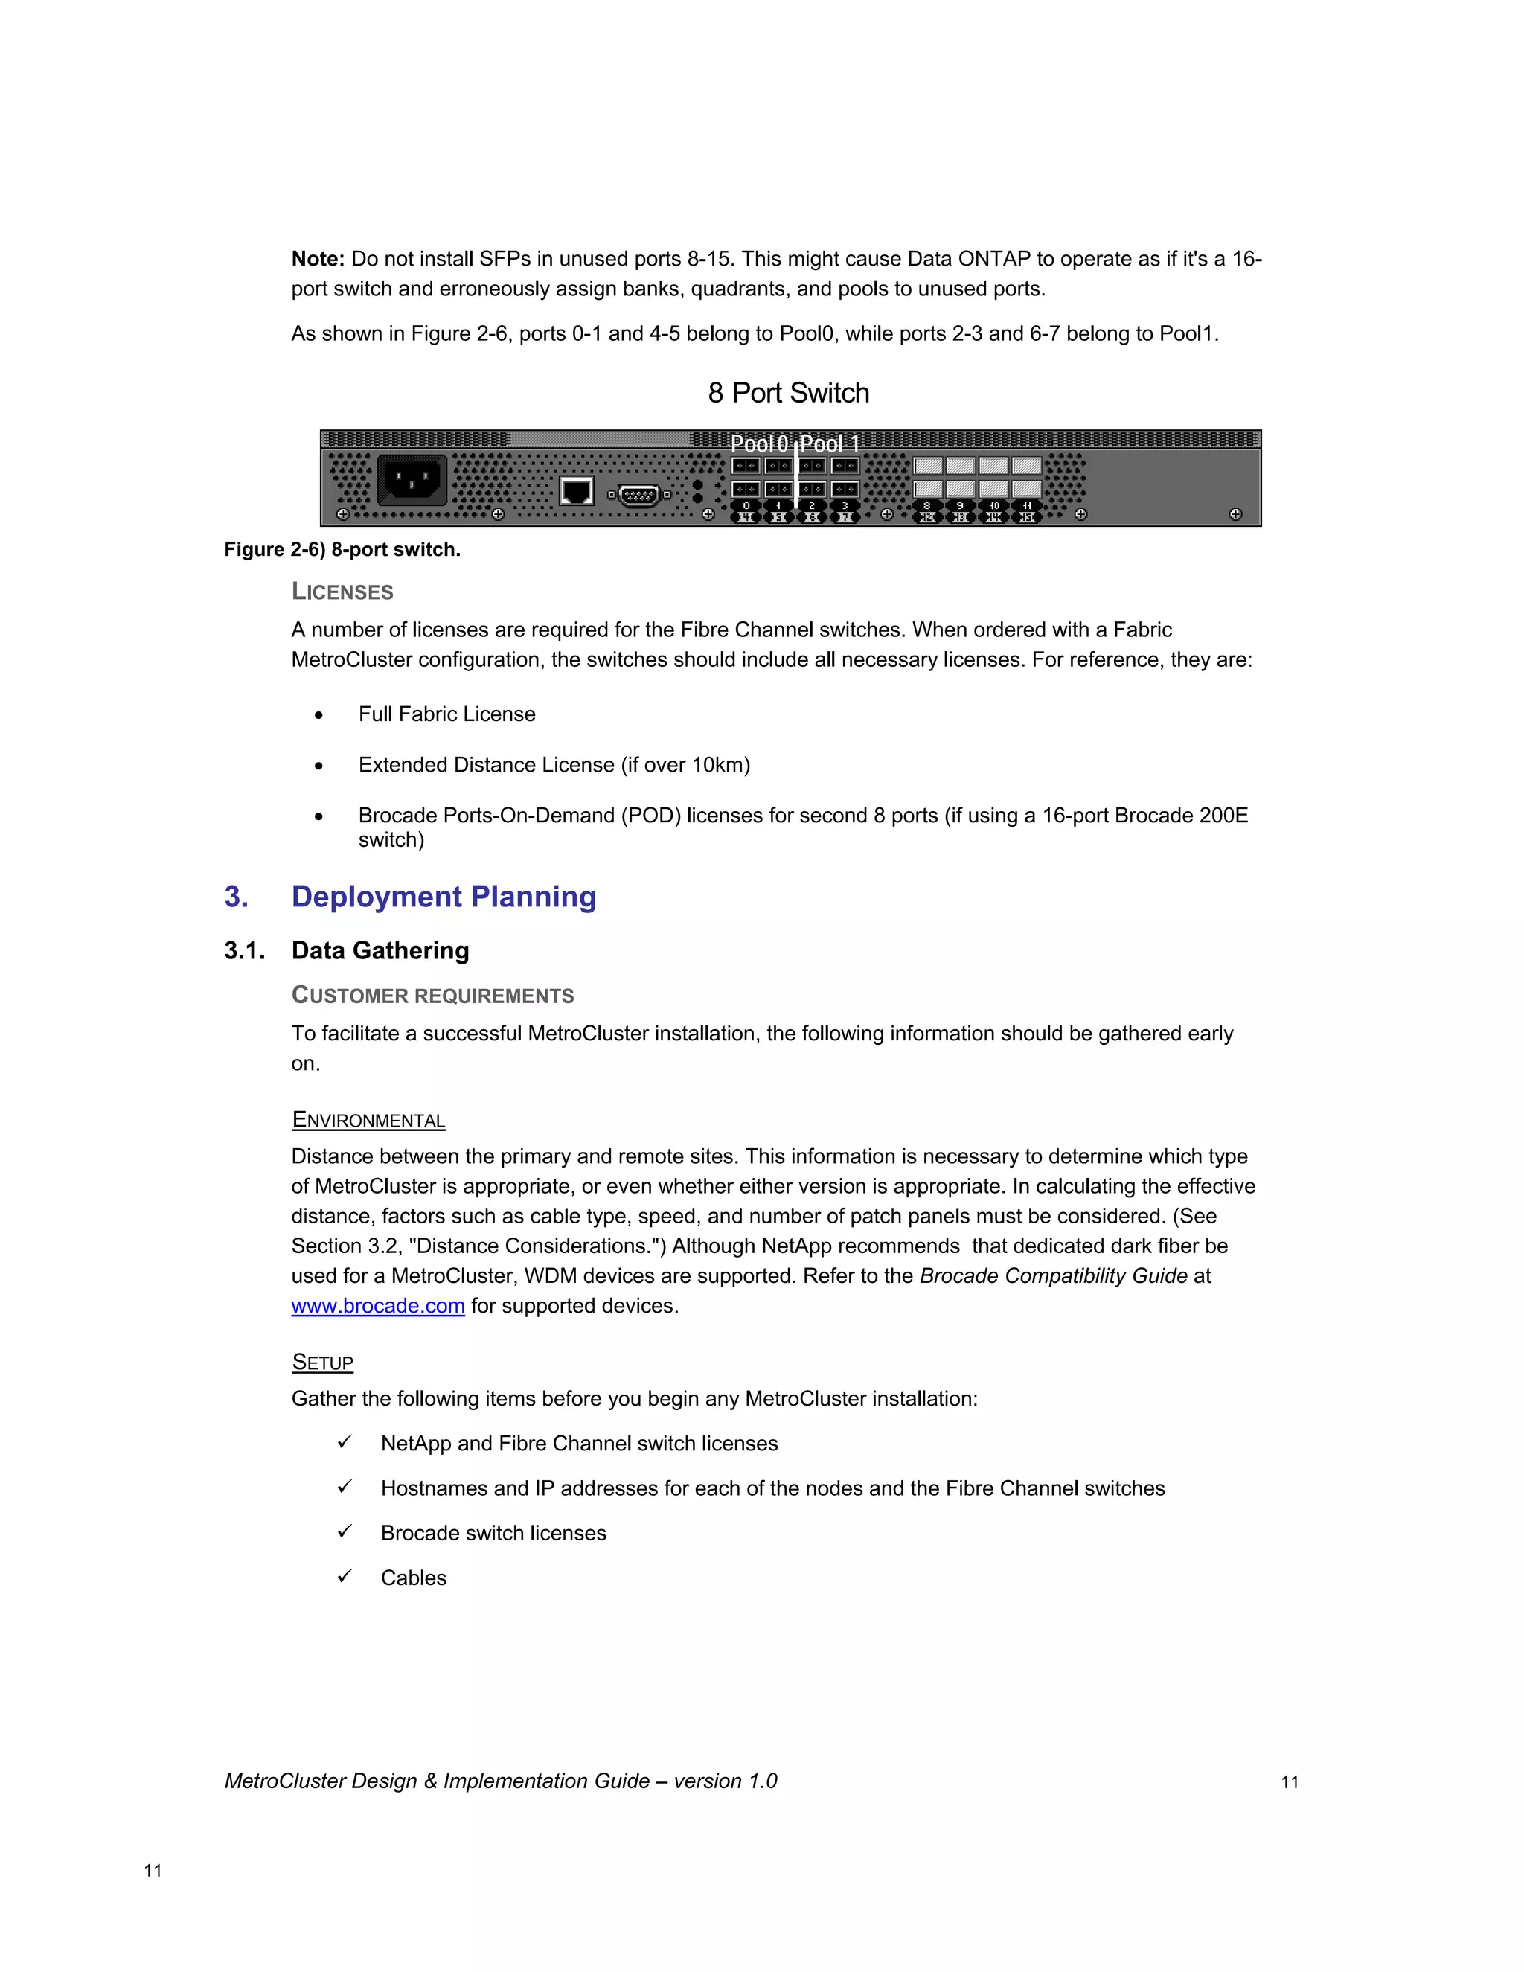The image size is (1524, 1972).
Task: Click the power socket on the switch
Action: pyautogui.click(x=412, y=479)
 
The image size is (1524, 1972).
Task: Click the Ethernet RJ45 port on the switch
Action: pyautogui.click(x=576, y=491)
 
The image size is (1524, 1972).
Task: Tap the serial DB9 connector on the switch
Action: pyautogui.click(x=639, y=495)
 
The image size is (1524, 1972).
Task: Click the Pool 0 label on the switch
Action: pyautogui.click(x=758, y=444)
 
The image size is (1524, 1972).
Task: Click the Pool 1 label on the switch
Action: pyautogui.click(x=830, y=444)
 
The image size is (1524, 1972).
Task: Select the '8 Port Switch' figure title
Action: pyautogui.click(x=788, y=393)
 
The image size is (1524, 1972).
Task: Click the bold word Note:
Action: pyautogui.click(x=318, y=259)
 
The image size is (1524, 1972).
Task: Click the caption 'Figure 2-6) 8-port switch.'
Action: pyautogui.click(x=342, y=550)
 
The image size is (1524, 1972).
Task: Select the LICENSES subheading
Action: pyautogui.click(x=342, y=592)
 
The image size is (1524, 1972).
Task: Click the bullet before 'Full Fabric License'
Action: pyautogui.click(x=318, y=715)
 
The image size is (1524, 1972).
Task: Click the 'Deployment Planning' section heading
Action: pyautogui.click(x=444, y=897)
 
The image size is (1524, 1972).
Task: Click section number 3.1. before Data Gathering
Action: pyautogui.click(x=245, y=951)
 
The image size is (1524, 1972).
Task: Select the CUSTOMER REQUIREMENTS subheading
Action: pyautogui.click(x=432, y=996)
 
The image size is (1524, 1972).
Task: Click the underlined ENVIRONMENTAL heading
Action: pyautogui.click(x=368, y=1121)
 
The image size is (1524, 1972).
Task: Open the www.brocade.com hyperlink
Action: pyautogui.click(x=377, y=1307)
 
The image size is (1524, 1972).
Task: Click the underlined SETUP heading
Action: pyautogui.click(x=322, y=1363)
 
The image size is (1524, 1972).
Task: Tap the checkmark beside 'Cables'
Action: pyautogui.click(x=344, y=1577)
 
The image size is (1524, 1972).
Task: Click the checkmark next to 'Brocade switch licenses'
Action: pyautogui.click(x=344, y=1531)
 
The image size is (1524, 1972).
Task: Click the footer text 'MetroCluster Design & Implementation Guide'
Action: pyautogui.click(x=437, y=1781)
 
